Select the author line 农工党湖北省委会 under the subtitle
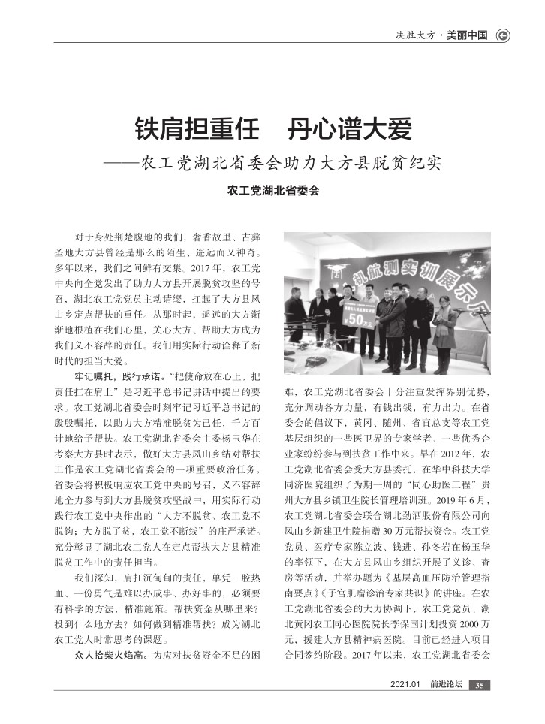click(272, 192)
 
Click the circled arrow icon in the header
click(503, 35)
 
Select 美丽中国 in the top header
click(466, 35)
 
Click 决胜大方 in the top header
click(417, 35)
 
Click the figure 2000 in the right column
click(466, 605)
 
